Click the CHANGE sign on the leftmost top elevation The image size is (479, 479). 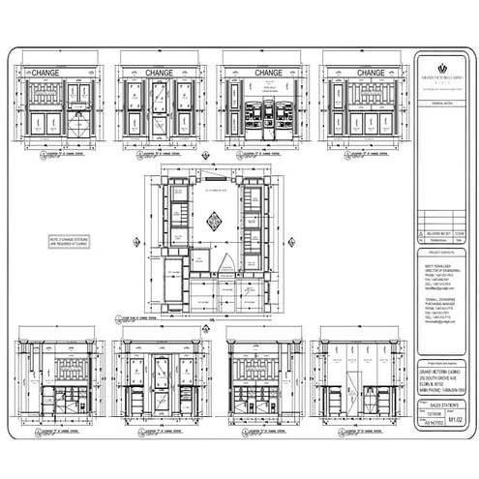(x=46, y=73)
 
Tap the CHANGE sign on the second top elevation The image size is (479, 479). (x=159, y=73)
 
